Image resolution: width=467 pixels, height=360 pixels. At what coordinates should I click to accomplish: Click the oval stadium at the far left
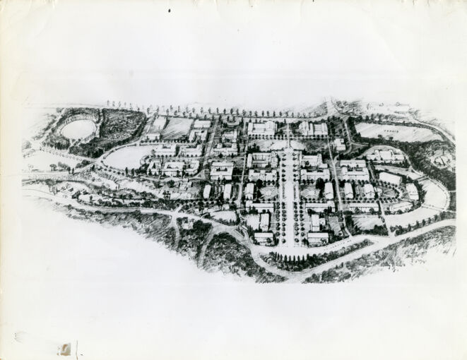78,129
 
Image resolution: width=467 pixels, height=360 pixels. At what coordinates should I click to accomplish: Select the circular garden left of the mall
268,192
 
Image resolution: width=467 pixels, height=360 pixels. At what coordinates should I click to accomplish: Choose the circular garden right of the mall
312,192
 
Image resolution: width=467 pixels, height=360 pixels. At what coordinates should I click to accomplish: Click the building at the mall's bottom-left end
264,238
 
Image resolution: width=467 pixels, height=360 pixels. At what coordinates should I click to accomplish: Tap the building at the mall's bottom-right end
317,238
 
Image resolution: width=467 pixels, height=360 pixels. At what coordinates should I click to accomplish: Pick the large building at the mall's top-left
261,128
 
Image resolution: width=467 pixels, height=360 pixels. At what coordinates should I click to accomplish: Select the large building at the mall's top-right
313,128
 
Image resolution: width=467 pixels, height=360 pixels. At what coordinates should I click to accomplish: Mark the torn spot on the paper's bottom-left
65,349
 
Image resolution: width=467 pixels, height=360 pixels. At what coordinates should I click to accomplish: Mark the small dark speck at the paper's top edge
170,11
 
